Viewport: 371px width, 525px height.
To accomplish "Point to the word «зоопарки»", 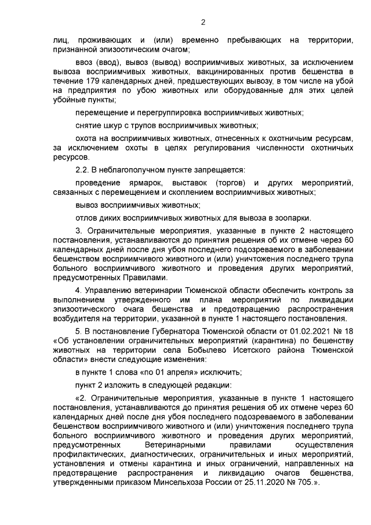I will click(x=295, y=218).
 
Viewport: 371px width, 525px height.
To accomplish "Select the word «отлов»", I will click(x=87, y=218).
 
